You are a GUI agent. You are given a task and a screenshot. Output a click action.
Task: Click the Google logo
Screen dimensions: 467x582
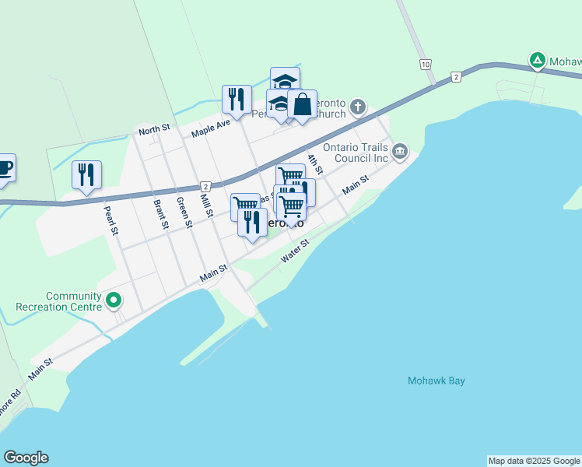coord(26,458)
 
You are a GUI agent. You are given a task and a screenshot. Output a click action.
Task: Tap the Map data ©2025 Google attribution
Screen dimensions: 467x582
coord(535,461)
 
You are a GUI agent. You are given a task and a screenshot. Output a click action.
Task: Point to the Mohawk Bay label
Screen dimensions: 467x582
coord(436,381)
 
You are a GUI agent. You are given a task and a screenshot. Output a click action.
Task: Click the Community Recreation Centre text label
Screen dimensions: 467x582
coord(74,301)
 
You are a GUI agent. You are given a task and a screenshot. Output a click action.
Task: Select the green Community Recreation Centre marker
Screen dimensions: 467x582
coord(114,300)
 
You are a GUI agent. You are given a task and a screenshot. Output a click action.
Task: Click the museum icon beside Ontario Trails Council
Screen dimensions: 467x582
coord(400,151)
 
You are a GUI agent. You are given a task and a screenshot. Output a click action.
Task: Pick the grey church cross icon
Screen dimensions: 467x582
coord(357,106)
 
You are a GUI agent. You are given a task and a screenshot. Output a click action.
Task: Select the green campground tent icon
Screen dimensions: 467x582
coord(537,59)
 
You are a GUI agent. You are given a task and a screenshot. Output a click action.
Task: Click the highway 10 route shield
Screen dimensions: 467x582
coord(424,64)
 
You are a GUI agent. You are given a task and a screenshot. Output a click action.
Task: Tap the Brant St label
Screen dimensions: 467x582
coord(160,215)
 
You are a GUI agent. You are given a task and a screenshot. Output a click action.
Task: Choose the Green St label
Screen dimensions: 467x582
coord(184,212)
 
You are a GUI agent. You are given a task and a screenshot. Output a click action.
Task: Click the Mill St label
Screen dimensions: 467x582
coord(206,206)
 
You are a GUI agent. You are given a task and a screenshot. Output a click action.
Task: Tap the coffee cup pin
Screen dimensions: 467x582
coord(4,167)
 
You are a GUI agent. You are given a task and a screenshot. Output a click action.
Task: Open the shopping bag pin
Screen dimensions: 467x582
coord(302,104)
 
